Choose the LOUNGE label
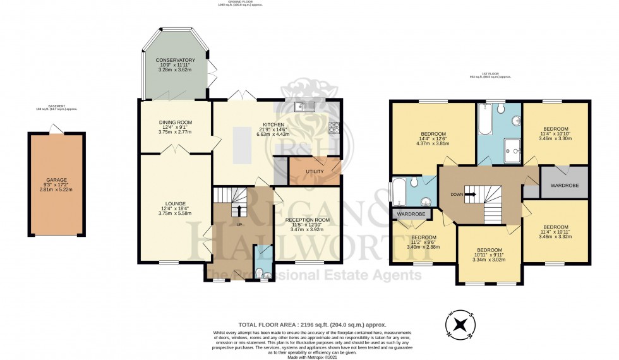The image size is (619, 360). (x=175, y=203)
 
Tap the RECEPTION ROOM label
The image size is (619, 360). (x=308, y=219)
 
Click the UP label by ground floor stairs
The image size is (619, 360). (x=239, y=224)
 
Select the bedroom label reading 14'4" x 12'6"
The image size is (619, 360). (x=433, y=134)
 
